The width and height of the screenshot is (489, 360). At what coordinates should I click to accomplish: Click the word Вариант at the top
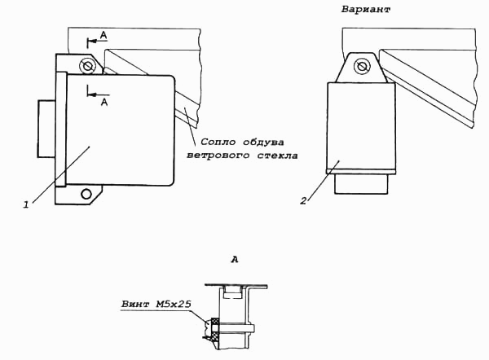click(365, 9)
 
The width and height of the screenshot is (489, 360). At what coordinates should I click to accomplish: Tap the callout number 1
click(27, 204)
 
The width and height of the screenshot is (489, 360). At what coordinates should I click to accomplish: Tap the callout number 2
click(304, 200)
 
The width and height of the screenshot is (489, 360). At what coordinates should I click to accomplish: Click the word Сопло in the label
click(218, 143)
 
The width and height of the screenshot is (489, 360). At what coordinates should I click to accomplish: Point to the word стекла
click(278, 156)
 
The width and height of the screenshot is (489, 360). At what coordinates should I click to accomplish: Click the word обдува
click(263, 143)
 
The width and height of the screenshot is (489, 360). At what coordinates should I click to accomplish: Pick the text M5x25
click(174, 304)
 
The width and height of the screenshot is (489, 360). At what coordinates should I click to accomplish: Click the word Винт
click(135, 304)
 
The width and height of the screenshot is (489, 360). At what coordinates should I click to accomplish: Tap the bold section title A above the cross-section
click(235, 259)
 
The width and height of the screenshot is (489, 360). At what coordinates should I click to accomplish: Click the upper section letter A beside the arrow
click(104, 36)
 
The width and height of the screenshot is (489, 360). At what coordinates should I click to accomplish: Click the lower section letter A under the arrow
click(104, 102)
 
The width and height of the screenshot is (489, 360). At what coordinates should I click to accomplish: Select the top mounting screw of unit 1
click(86, 66)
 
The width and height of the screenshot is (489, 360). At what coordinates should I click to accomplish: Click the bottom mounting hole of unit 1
click(86, 194)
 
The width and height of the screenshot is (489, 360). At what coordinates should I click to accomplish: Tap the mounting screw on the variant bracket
click(362, 66)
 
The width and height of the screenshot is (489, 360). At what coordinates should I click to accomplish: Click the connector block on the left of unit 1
click(46, 129)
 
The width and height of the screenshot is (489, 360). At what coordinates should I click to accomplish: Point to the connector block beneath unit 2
click(361, 184)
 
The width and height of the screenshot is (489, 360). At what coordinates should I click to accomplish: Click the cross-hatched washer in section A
click(215, 328)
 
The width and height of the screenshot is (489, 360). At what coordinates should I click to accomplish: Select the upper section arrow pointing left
click(98, 41)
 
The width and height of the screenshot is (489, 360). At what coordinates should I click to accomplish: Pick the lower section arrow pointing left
click(99, 94)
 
